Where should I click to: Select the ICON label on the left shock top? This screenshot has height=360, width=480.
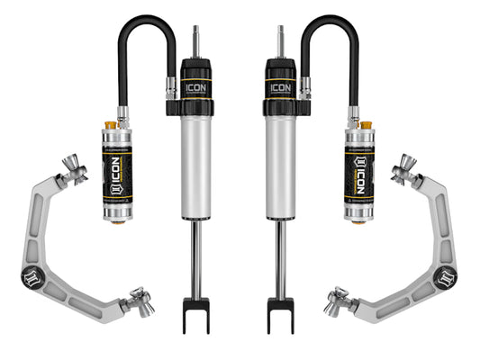coord(195,87)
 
